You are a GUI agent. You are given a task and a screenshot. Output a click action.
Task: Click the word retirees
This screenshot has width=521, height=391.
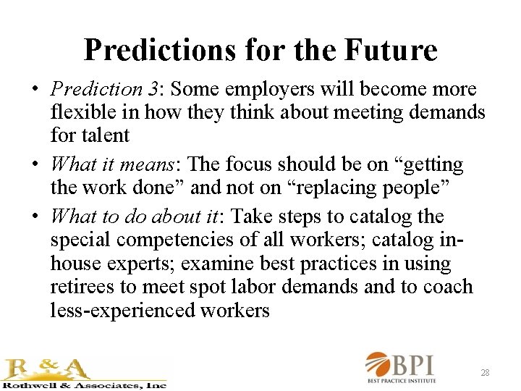(78, 286)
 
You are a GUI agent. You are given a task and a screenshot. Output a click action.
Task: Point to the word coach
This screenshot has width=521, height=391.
(448, 286)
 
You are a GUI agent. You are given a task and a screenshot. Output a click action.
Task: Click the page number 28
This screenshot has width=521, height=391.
(485, 373)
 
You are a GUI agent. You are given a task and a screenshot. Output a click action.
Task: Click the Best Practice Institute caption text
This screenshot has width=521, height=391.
(412, 381)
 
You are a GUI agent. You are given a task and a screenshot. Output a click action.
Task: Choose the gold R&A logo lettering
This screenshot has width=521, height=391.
(48, 369)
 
